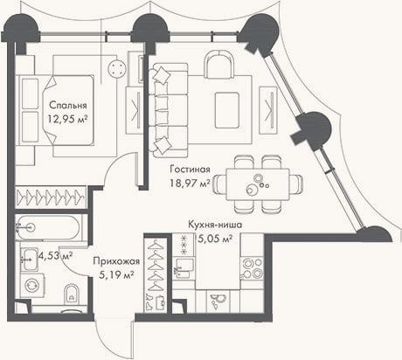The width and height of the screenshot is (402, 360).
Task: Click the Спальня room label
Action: coord(68,105)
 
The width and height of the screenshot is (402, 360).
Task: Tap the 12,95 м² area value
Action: coord(68,119)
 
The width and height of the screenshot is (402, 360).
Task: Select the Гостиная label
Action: coord(190,170)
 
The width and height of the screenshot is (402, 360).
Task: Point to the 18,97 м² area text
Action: coord(190,183)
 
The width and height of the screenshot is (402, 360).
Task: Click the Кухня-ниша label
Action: coord(215,225)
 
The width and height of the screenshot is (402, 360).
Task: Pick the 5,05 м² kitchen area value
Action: coord(215,239)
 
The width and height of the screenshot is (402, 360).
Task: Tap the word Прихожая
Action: coord(116,261)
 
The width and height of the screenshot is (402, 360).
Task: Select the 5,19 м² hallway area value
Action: coord(116,274)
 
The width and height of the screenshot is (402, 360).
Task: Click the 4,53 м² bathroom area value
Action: coord(55,256)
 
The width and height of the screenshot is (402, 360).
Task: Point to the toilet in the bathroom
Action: coord(72,293)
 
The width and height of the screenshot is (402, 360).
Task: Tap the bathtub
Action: coord(47,227)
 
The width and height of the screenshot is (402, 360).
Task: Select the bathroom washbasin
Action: coord(30,259)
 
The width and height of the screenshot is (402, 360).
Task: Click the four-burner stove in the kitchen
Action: coord(252,268)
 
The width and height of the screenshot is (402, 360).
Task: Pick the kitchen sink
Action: coord(184,268)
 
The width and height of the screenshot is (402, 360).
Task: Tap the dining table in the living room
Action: coord(258,184)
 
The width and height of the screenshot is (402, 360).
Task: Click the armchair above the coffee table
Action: coord(219,65)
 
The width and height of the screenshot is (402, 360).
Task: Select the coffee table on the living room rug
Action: coord(227,110)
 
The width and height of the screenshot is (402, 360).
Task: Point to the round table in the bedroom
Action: coord(117,69)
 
